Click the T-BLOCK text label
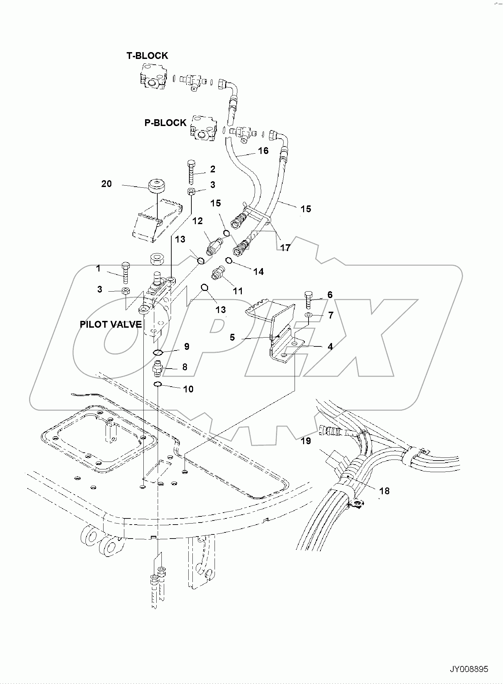[147, 56]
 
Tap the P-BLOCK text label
[166, 123]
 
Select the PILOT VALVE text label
[111, 324]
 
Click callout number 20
[107, 184]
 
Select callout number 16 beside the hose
[263, 151]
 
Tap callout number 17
[285, 248]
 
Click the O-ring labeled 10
[158, 385]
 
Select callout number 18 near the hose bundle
[384, 491]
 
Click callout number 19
[306, 441]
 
